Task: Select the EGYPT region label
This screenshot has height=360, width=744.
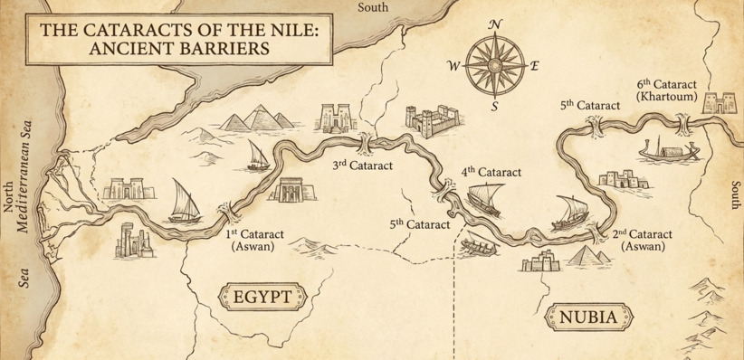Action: click(x=262, y=297)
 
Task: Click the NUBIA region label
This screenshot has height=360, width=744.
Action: click(x=587, y=317)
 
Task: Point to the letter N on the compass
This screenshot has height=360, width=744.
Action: click(x=494, y=25)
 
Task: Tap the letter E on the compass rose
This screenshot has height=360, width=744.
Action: click(x=534, y=66)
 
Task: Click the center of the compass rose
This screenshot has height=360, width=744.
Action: click(x=494, y=65)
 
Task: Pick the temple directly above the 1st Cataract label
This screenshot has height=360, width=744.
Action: click(x=289, y=192)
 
